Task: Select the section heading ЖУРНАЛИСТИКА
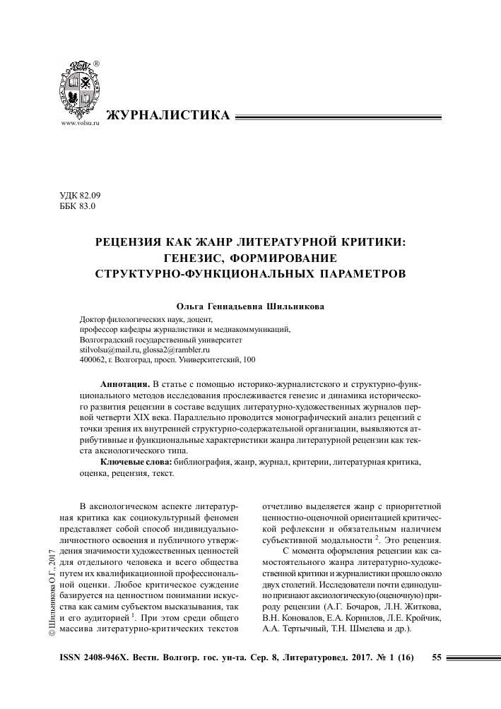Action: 167,115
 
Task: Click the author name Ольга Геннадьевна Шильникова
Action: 249,307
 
